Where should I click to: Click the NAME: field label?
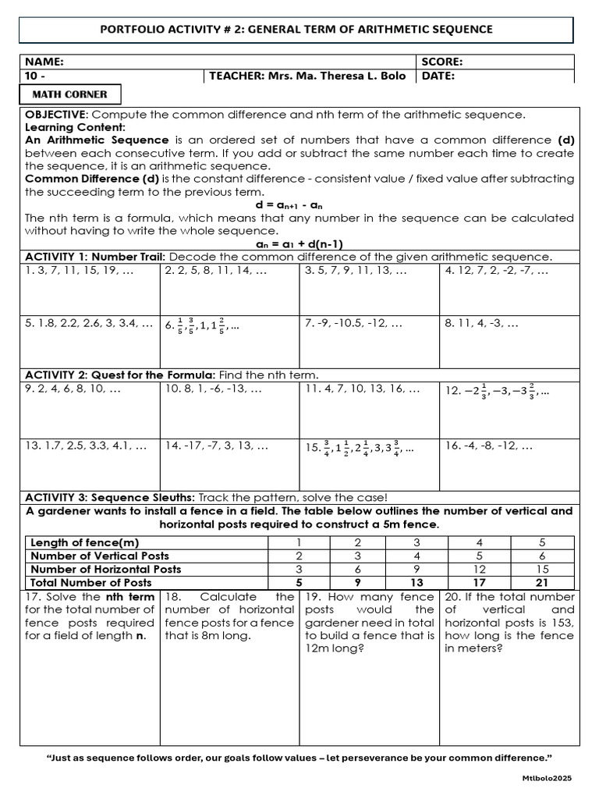(44, 62)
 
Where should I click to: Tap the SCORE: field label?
(442, 62)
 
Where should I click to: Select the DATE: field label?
(438, 76)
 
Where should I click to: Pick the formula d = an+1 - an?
(299, 205)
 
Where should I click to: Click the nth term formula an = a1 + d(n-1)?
(299, 243)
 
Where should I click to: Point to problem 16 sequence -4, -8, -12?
(489, 446)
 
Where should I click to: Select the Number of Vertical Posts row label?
(99, 556)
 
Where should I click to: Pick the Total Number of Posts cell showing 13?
(416, 582)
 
